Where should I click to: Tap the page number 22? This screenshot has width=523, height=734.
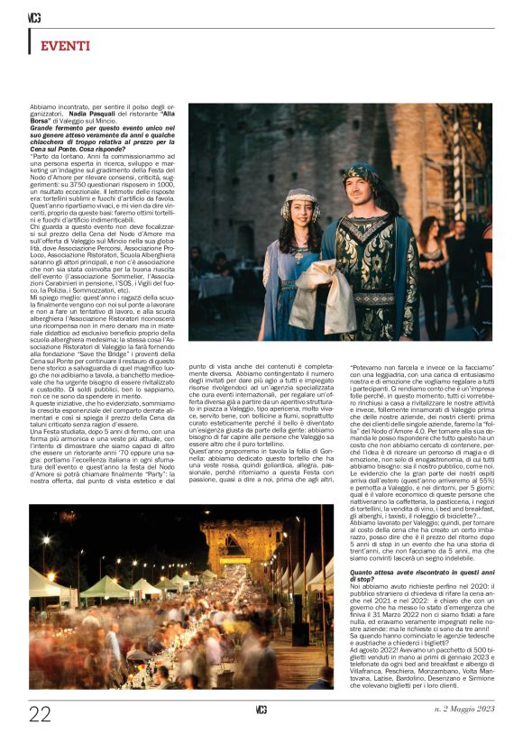click(x=40, y=714)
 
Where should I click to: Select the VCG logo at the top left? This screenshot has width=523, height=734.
click(x=34, y=16)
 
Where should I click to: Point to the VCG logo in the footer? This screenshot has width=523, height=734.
click(x=261, y=711)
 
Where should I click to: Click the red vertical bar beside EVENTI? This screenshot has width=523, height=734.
click(x=31, y=41)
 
